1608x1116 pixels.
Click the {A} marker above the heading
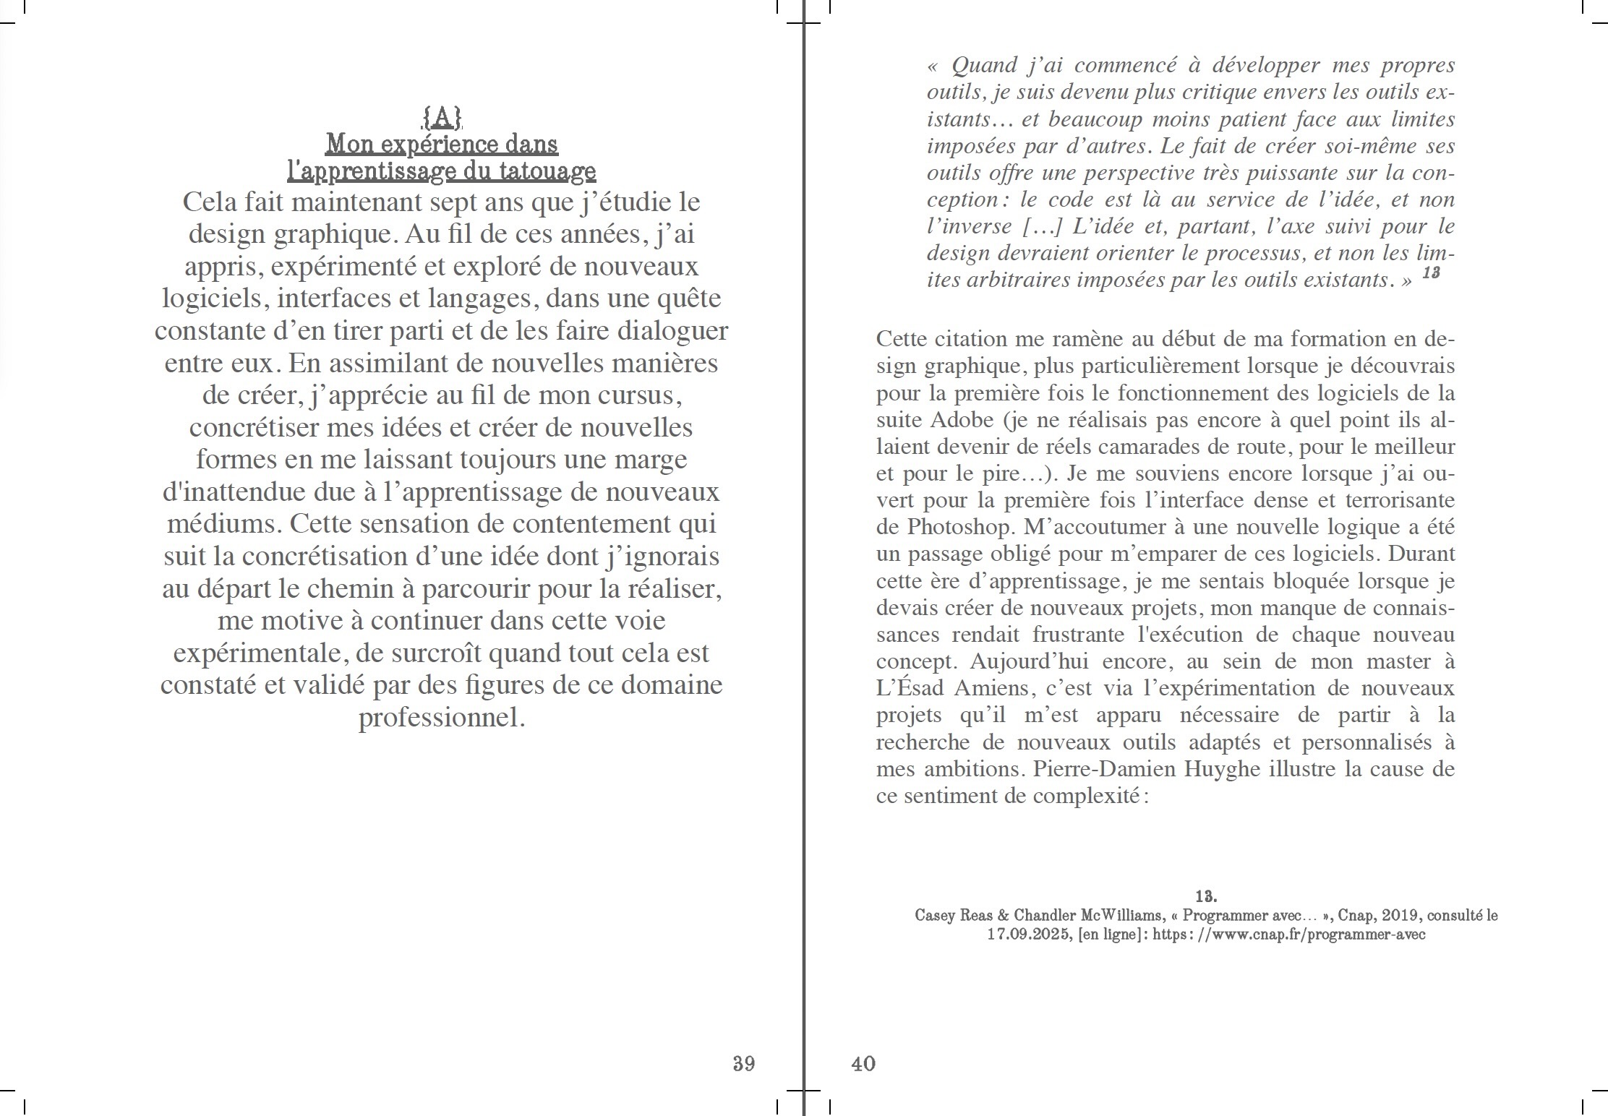point(442,116)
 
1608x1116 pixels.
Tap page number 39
point(744,1063)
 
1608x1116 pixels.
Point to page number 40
point(863,1063)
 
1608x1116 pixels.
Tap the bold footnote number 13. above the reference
point(1206,896)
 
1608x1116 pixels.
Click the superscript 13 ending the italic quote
point(1431,273)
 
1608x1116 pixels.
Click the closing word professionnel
point(442,718)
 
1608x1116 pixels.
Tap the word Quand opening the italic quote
point(985,66)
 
